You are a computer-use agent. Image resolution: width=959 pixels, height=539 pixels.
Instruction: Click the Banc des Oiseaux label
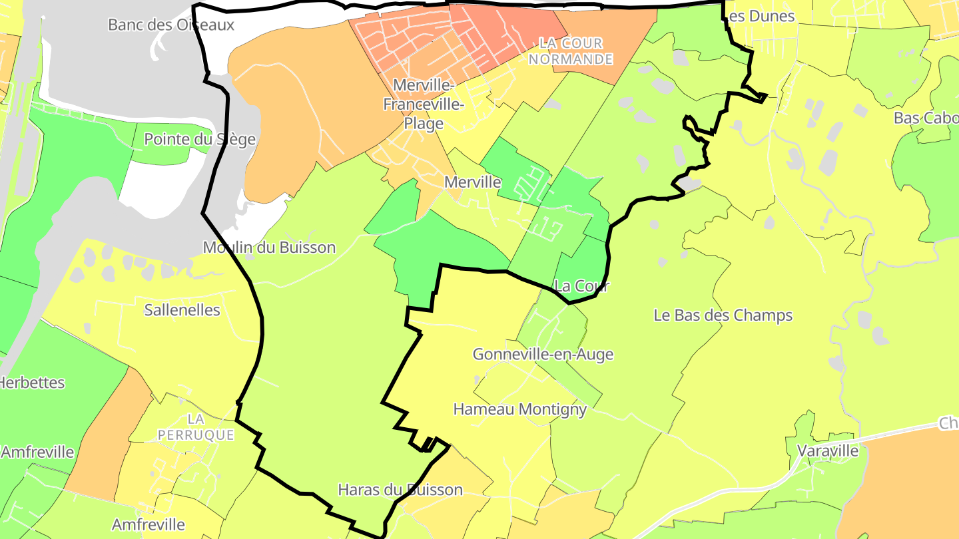point(171,25)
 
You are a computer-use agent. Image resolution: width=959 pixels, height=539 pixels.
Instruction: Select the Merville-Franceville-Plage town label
point(423,104)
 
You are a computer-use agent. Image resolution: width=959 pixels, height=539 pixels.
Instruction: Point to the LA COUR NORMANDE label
point(575,51)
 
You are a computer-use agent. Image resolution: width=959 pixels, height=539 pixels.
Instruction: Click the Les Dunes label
point(761,16)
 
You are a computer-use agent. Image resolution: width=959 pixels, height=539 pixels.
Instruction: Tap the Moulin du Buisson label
point(269,248)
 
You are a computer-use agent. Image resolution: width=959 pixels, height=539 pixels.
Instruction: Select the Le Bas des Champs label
point(723,315)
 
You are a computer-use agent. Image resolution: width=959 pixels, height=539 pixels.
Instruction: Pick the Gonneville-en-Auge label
point(543,355)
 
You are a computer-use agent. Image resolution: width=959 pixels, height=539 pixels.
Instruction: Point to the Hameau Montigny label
point(519,409)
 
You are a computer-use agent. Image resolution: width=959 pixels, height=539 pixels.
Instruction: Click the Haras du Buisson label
point(400,490)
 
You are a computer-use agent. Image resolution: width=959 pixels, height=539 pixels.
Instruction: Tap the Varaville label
point(828,450)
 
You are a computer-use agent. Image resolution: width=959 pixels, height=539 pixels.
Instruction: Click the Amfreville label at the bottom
point(148,524)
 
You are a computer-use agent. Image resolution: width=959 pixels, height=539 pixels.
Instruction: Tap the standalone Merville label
point(472,182)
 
